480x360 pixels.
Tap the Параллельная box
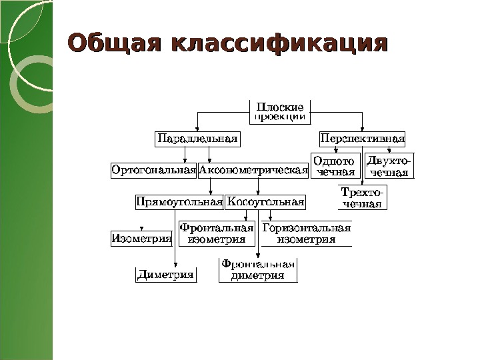[x=197, y=139]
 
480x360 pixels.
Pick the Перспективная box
[x=363, y=139]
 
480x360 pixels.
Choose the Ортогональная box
[x=153, y=170]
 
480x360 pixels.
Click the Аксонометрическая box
[x=253, y=170]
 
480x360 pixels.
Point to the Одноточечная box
[x=335, y=167]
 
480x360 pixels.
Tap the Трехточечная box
[x=362, y=197]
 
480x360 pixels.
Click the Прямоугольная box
[x=179, y=201]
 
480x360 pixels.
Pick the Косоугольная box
[x=266, y=201]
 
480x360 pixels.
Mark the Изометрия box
[x=141, y=237]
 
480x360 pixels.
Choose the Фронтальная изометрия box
[x=217, y=233]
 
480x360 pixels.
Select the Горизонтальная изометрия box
[x=306, y=233]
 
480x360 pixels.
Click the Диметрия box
[x=166, y=274]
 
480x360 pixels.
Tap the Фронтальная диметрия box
[x=257, y=270]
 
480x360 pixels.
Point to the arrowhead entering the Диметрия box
[x=175, y=265]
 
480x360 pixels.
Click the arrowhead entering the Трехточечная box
[x=362, y=183]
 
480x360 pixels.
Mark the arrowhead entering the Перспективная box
[x=362, y=130]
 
